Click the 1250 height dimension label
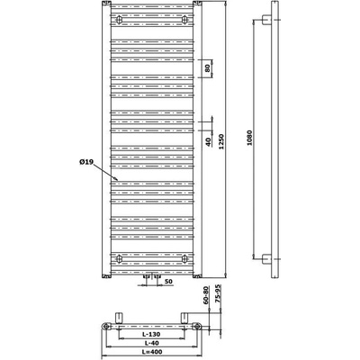[221, 141]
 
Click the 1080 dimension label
[249, 138]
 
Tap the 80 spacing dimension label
[207, 68]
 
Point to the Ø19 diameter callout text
[86, 162]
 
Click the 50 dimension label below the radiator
[169, 281]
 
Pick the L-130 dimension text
[152, 334]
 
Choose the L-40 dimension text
[152, 343]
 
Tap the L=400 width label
[152, 352]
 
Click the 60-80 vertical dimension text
[206, 295]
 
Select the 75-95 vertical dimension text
[218, 294]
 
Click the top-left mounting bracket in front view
[120, 20]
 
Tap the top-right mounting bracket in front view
[185, 20]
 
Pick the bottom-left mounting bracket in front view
[120, 258]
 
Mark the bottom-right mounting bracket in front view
[185, 258]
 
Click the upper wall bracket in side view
[266, 20]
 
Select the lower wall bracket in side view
[266, 258]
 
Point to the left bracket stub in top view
[120, 318]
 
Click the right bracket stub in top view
[184, 318]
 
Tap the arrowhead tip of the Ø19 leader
[119, 181]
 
